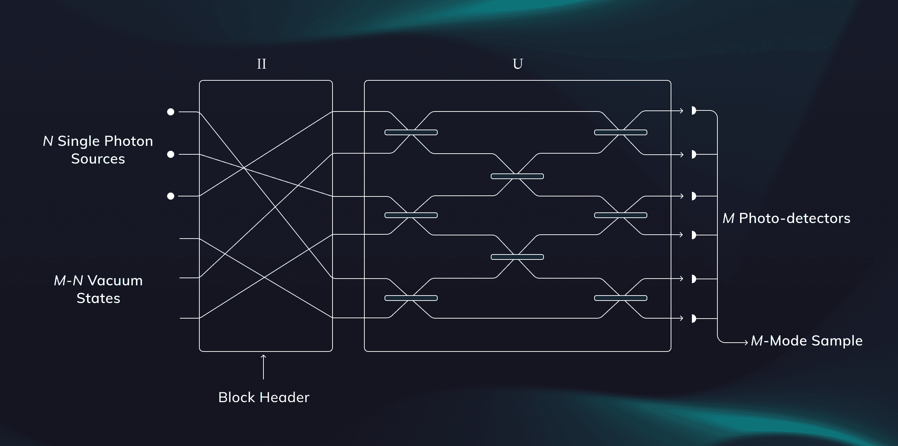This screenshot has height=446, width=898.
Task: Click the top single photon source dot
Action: (x=171, y=112)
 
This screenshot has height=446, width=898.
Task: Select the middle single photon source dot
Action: (x=171, y=154)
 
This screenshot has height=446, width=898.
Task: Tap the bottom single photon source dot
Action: (x=171, y=196)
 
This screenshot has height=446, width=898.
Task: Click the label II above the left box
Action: (x=262, y=64)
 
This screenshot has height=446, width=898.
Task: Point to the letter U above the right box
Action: (x=518, y=64)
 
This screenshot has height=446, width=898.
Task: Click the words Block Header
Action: (x=264, y=398)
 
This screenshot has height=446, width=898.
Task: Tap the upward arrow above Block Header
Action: (x=263, y=366)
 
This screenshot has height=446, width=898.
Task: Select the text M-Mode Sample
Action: (x=807, y=341)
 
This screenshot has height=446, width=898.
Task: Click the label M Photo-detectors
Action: (x=786, y=218)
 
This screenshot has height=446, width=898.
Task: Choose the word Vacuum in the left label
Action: (x=115, y=281)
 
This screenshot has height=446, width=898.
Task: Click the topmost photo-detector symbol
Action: (x=694, y=110)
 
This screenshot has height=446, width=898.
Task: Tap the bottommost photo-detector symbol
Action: (x=694, y=319)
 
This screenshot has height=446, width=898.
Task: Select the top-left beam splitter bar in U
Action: (x=411, y=132)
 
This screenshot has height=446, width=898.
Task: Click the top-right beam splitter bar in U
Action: (x=621, y=132)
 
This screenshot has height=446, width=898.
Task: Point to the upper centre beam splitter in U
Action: (x=517, y=176)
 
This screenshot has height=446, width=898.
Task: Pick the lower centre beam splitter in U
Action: (x=517, y=257)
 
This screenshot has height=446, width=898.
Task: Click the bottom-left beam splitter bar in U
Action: (x=411, y=298)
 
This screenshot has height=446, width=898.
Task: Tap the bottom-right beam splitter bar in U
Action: (x=621, y=298)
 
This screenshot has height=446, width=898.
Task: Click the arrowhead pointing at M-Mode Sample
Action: (x=746, y=342)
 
